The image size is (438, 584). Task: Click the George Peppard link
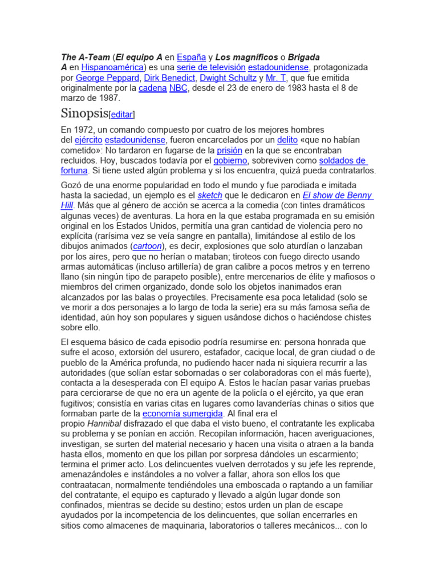click(x=107, y=78)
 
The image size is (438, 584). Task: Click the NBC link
click(x=178, y=88)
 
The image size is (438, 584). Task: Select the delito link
click(x=287, y=140)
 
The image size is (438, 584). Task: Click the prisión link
click(x=230, y=150)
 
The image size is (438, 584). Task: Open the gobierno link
click(x=230, y=160)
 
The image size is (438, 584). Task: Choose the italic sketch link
click(x=209, y=195)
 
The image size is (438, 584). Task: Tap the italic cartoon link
click(x=147, y=246)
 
